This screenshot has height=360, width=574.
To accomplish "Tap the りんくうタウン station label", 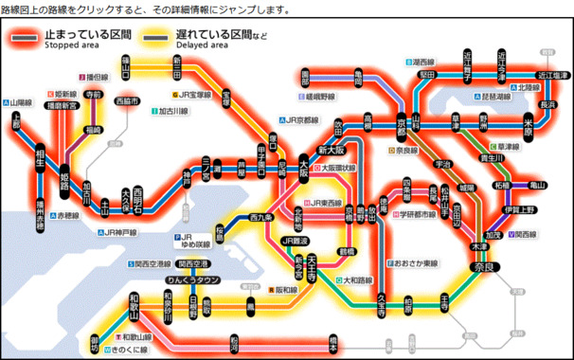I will [194, 280].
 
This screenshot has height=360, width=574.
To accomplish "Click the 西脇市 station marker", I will [125, 101].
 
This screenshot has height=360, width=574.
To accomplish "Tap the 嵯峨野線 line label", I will [320, 97].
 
